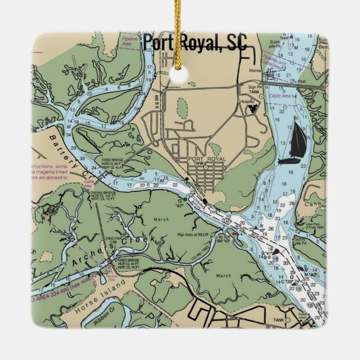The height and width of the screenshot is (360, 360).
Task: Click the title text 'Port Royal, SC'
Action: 195,43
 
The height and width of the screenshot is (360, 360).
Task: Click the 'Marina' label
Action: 255,71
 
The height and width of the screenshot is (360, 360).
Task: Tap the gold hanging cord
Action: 178,28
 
